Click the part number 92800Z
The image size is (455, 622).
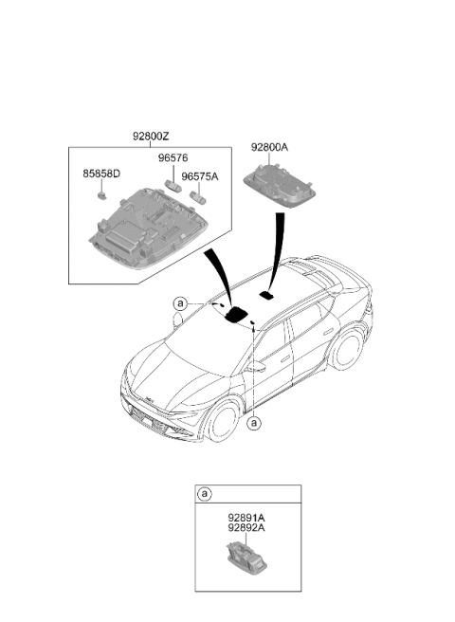tap(151, 137)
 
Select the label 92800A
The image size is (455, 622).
tap(269, 148)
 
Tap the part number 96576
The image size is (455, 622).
tap(173, 158)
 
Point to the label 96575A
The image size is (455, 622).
tap(199, 177)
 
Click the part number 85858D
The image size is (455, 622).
tap(101, 174)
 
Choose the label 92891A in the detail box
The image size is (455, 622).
tap(246, 518)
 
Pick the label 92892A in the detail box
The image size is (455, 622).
tap(246, 528)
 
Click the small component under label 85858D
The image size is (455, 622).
tap(102, 194)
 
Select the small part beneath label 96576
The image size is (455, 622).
tap(173, 185)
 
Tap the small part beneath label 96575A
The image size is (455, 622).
tap(198, 197)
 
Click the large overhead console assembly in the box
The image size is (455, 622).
tap(148, 229)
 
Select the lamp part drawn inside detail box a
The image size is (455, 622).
tap(246, 558)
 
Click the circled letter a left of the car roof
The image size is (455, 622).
tap(180, 303)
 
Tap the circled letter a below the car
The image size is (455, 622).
tap(254, 423)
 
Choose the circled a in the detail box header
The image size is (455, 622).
tap(205, 494)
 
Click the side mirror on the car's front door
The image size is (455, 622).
tap(255, 366)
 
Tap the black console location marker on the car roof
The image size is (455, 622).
tap(236, 315)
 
